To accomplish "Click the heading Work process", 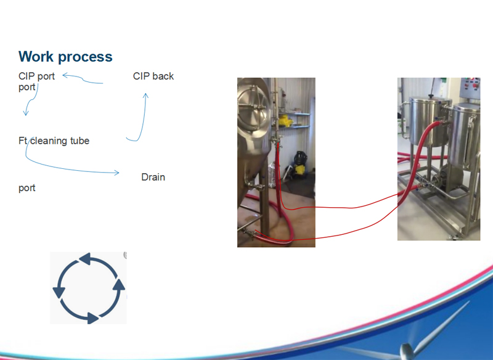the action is click(65, 57).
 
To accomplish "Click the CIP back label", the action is click(153, 76).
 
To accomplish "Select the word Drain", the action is click(153, 177).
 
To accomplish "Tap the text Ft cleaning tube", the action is click(54, 141).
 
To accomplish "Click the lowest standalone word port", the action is click(27, 189).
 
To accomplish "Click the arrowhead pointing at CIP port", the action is click(65, 75).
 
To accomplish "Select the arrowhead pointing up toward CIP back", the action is click(145, 96).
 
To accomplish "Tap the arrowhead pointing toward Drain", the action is click(116, 173).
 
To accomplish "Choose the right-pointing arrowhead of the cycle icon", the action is click(93, 317).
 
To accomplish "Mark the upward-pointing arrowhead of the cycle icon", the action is click(119, 284).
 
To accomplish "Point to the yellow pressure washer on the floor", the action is click(299, 165).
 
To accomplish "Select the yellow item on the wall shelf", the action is click(286, 121).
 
